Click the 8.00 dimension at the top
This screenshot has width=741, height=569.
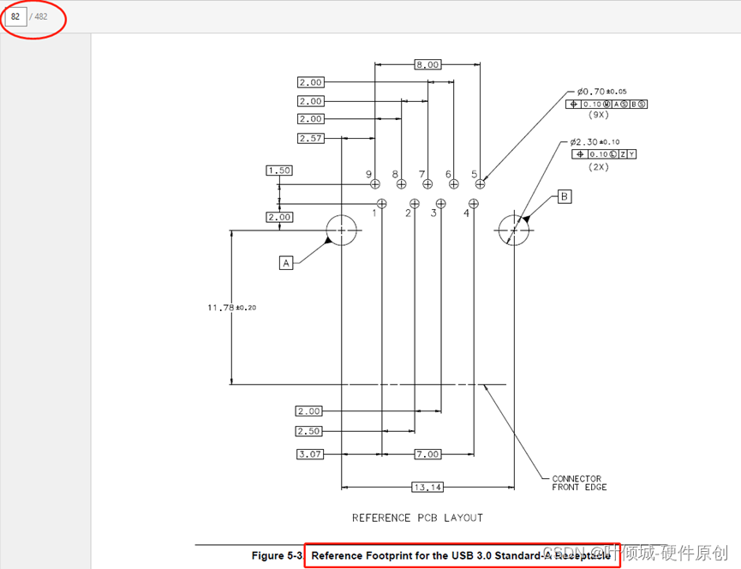[x=427, y=64]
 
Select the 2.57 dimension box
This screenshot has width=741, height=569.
[x=310, y=138]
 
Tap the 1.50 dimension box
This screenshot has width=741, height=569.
[x=279, y=171]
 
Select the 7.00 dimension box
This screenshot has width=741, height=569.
[x=427, y=453]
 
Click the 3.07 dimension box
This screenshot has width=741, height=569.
[x=310, y=453]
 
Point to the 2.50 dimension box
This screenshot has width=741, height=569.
[x=308, y=431]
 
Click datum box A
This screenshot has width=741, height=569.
[x=286, y=263]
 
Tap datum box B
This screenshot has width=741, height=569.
[x=564, y=196]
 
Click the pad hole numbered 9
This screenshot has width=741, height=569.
[x=374, y=183]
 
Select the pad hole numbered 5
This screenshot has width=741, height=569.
[x=481, y=183]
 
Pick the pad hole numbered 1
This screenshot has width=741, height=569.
[x=382, y=203]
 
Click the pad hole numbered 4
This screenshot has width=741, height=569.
[x=474, y=203]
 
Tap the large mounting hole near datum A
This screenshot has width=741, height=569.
[x=342, y=231]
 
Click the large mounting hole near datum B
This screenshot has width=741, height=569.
[x=514, y=231]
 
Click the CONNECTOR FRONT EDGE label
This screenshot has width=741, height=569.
[x=578, y=483]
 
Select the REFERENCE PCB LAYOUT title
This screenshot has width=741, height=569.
[x=417, y=518]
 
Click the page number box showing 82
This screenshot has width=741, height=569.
[x=15, y=16]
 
